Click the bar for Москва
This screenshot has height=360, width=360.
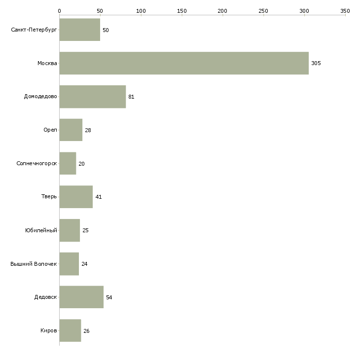click(x=184, y=63)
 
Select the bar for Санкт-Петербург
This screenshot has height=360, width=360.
click(x=80, y=30)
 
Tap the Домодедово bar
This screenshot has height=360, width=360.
click(x=93, y=97)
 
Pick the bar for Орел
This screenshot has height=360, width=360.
click(x=71, y=130)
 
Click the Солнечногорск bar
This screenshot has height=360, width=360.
click(x=68, y=163)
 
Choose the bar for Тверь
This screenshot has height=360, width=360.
click(x=76, y=197)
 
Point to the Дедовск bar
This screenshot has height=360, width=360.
click(x=81, y=297)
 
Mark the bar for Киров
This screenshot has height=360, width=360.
click(x=70, y=330)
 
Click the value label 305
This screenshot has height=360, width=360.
click(x=316, y=63)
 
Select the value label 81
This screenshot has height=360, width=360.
click(x=131, y=97)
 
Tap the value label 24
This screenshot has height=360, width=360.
click(x=84, y=264)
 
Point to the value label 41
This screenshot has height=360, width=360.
click(x=99, y=197)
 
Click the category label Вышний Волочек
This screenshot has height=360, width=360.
click(x=34, y=264)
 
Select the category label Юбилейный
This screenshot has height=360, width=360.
click(x=41, y=230)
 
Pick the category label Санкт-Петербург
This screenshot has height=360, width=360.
click(x=34, y=30)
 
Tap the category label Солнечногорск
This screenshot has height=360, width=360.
click(x=36, y=163)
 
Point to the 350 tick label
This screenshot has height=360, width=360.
click(x=345, y=11)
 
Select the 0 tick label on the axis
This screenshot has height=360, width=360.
click(x=60, y=11)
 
